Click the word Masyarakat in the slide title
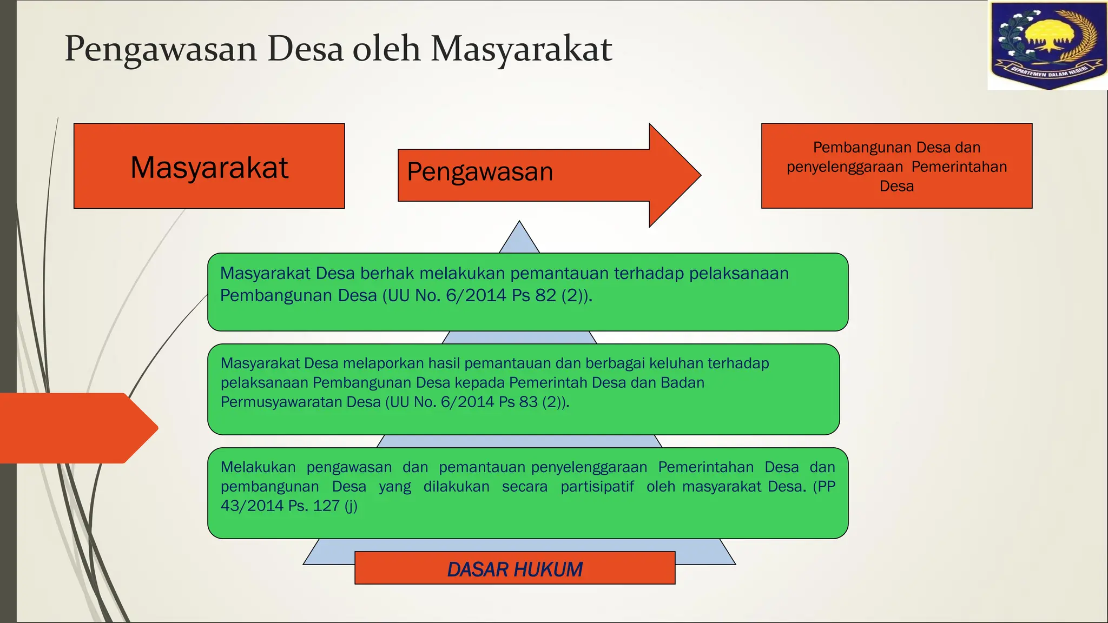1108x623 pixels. [x=521, y=49]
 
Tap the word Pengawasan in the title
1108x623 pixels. [x=161, y=49]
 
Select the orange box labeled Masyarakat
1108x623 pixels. [x=209, y=166]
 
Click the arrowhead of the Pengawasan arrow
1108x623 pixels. [x=675, y=175]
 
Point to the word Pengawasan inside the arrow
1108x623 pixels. [x=480, y=172]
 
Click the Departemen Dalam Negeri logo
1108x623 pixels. [x=1047, y=45]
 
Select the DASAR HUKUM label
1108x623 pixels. [x=515, y=569]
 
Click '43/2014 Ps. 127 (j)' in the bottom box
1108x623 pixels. [x=289, y=506]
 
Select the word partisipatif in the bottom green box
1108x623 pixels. [x=597, y=486]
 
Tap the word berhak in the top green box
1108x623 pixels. [x=387, y=274]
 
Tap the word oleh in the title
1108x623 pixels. [x=386, y=49]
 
